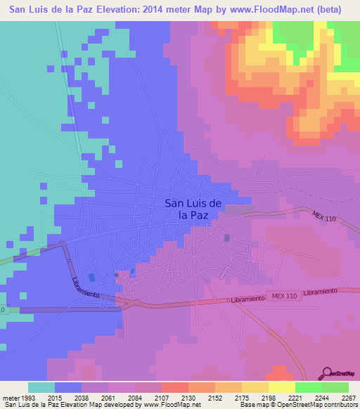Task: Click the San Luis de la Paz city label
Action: click(x=193, y=209)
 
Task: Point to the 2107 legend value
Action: click(x=162, y=398)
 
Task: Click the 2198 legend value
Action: click(x=269, y=398)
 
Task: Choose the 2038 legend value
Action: click(x=82, y=398)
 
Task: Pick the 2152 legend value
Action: click(x=215, y=398)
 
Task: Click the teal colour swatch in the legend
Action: click(x=41, y=387)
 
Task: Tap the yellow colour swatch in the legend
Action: click(x=282, y=387)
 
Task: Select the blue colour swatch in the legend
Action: click(x=68, y=387)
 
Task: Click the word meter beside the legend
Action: click(x=11, y=398)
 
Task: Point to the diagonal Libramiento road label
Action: click(x=84, y=285)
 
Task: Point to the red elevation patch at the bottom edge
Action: click(x=281, y=373)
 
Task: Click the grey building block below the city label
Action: click(x=226, y=238)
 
